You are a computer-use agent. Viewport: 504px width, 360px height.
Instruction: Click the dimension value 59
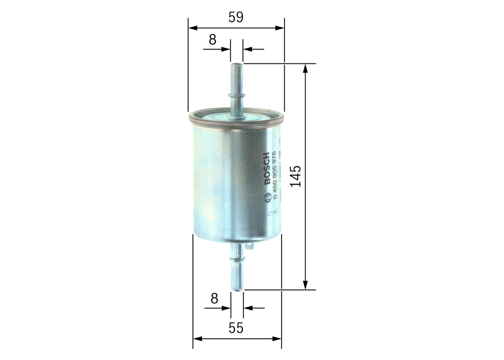tap(236, 17)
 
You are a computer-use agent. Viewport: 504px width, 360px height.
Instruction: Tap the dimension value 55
tap(236, 328)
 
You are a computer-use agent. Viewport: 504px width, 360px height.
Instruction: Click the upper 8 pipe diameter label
tap(213, 39)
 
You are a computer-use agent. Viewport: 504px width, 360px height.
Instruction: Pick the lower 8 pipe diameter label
tap(214, 299)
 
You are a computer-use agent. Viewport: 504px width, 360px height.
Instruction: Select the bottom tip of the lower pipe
tap(237, 289)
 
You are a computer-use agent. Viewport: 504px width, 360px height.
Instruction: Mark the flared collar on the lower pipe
tap(237, 259)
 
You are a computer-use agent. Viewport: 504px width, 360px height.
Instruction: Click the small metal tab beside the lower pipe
tap(249, 246)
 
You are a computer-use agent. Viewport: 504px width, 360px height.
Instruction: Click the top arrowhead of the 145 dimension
tap(305, 68)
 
